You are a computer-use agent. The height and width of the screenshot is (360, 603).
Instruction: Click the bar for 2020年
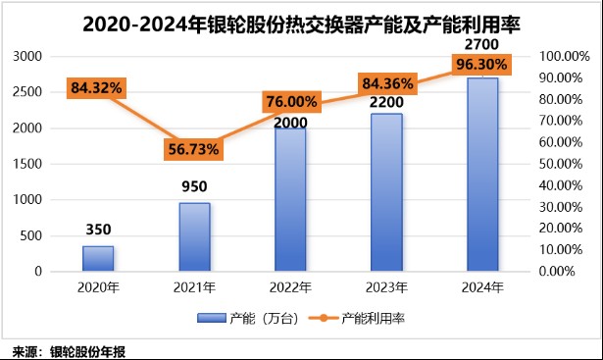point(98,258)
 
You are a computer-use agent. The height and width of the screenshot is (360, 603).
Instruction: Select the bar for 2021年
point(194,236)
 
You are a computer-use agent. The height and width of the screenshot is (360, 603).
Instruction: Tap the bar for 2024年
point(482,175)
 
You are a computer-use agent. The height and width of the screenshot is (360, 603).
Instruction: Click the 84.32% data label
point(96,88)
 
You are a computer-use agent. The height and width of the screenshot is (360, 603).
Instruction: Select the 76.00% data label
point(290,102)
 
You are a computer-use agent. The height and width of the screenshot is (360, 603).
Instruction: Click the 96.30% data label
point(484,66)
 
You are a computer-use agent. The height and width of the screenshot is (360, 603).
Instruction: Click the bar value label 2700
point(482,45)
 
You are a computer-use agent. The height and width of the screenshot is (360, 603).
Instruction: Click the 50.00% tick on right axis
point(563,164)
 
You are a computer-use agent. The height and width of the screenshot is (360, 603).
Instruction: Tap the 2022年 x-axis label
point(290,288)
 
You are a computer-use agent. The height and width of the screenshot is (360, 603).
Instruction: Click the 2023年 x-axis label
point(386,288)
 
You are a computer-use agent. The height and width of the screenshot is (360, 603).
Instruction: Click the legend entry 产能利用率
point(370,319)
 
